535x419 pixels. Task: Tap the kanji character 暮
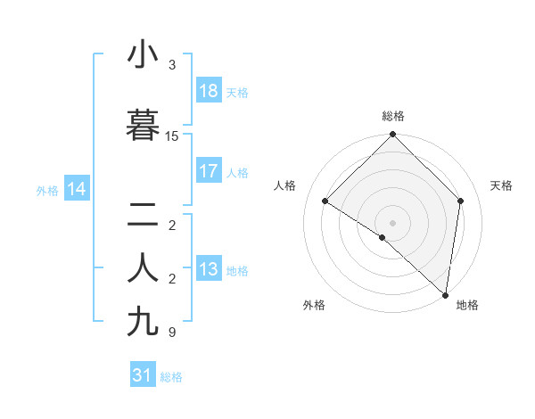[x=144, y=127]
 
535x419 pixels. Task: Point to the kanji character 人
[x=144, y=268]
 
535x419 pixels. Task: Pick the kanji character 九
[x=144, y=322]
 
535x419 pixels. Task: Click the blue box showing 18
[x=209, y=91]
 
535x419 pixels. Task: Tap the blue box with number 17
[x=209, y=171]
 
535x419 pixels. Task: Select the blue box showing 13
[x=209, y=269]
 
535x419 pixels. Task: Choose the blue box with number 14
[x=77, y=189]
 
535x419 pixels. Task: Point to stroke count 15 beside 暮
[x=172, y=136]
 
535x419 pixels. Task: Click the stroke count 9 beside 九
[x=172, y=333]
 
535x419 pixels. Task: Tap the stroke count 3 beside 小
[x=172, y=65]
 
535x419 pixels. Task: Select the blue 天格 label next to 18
[x=237, y=92]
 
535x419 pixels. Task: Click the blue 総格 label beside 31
[x=171, y=377]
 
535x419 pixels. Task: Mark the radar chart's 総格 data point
[x=392, y=135]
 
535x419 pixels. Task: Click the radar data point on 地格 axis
[x=445, y=294]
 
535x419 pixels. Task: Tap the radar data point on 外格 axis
[x=382, y=237]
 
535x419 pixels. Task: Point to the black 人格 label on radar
[x=285, y=185]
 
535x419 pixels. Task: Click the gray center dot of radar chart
[x=392, y=222]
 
